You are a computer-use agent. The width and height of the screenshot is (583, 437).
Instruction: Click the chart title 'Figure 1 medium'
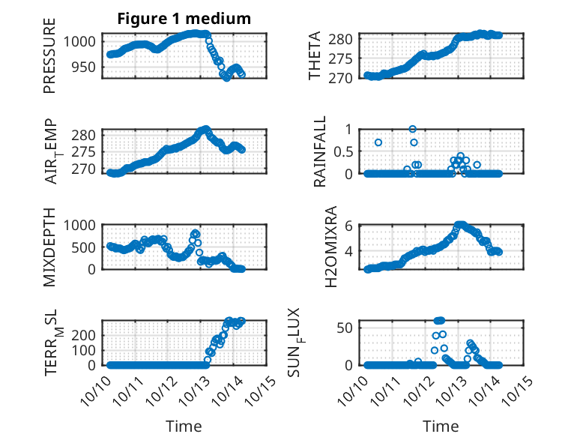[184, 19]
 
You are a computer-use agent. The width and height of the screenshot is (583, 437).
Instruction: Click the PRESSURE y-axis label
[50, 61]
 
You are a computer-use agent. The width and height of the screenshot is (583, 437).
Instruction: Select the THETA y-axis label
[315, 56]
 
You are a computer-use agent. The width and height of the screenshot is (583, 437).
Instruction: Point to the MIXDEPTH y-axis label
[50, 245]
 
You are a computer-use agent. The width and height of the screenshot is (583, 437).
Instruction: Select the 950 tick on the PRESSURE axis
[86, 67]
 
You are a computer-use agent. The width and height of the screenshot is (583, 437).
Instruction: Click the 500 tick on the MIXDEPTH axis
[86, 247]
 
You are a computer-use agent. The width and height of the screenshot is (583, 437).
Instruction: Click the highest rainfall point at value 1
[412, 129]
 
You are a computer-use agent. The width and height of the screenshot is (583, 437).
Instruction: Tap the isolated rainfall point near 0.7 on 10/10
[378, 142]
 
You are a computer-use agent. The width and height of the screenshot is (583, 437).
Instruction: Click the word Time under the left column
[184, 426]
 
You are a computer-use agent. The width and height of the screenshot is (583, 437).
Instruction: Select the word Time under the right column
[441, 426]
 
